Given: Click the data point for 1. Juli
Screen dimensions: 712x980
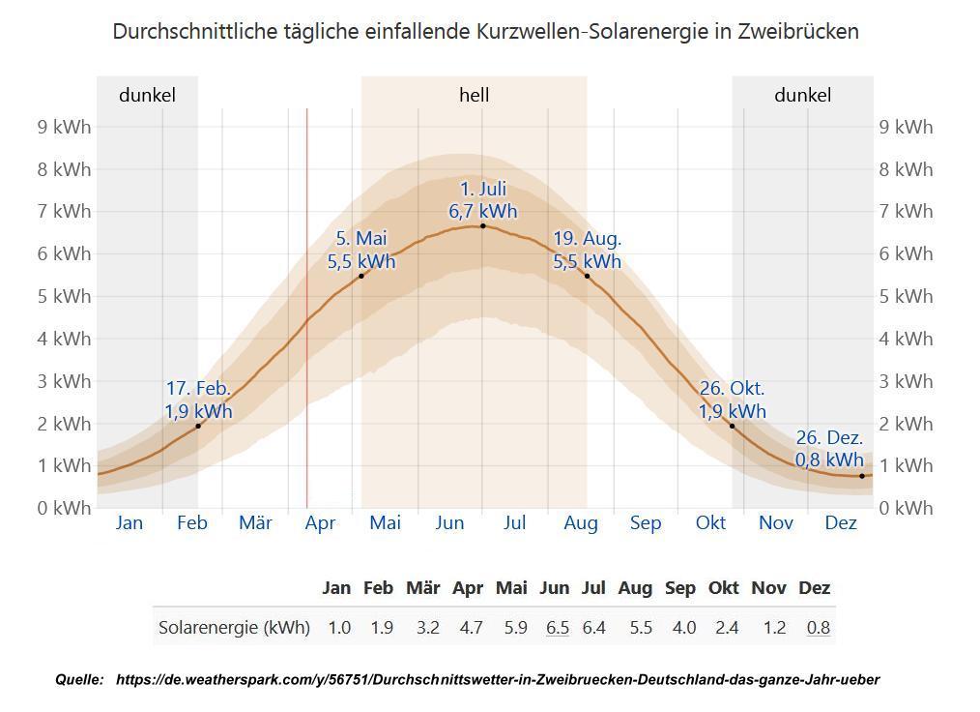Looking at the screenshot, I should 483,225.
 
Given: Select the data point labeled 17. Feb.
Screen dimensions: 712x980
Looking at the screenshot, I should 198,426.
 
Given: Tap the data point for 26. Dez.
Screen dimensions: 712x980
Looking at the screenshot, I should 862,476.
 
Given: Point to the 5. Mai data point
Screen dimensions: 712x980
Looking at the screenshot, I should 361,276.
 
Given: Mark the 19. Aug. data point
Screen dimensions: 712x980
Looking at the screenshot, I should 587,276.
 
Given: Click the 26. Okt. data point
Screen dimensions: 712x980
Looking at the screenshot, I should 732,426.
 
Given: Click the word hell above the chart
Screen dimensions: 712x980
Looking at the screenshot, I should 474,95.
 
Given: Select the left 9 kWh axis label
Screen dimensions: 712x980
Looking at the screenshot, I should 65,127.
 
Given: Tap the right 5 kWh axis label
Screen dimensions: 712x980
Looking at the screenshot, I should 907,296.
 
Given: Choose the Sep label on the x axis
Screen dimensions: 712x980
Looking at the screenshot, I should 646,523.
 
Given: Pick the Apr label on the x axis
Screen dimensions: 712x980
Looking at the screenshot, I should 320,523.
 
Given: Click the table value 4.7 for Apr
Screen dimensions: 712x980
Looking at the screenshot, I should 471,627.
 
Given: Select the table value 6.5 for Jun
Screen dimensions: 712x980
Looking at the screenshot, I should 558,627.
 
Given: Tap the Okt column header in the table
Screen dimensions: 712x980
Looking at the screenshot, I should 724,587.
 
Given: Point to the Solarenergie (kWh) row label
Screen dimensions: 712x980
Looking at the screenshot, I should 234,627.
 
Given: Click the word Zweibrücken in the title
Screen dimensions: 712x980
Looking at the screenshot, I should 797,31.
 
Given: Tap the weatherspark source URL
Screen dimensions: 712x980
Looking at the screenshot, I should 497,680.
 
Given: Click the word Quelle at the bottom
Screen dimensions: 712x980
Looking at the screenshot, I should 79,680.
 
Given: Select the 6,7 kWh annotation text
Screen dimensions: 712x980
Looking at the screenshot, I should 483,211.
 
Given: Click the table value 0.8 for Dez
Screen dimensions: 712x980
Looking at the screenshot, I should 819,627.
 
